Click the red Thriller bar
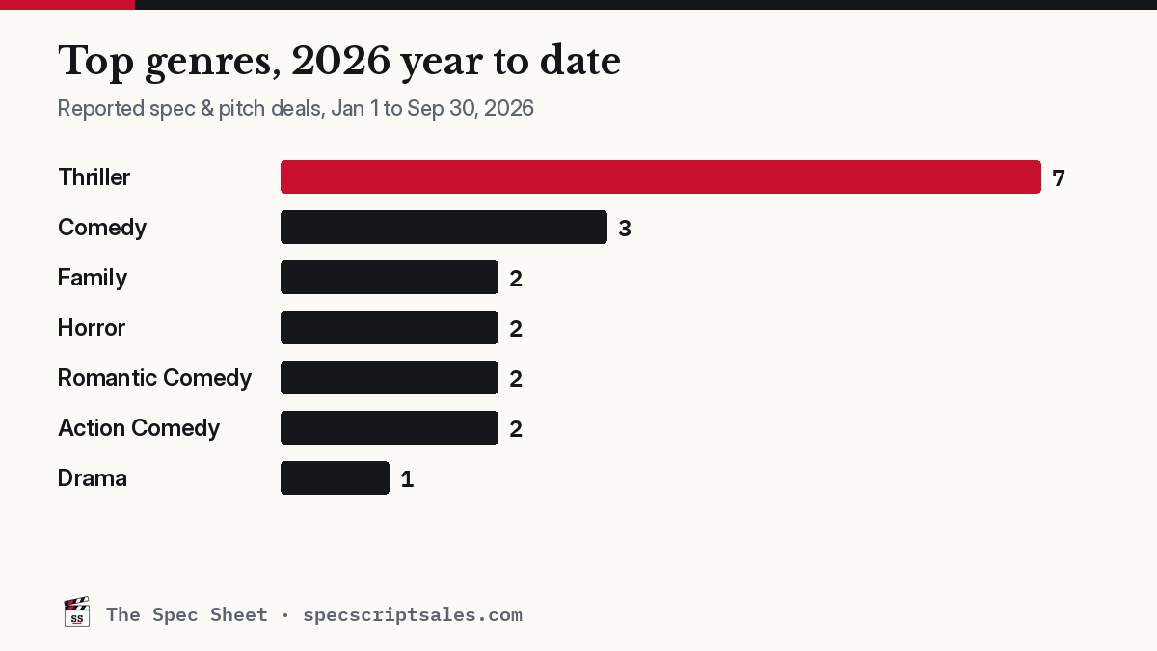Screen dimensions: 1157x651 click(x=660, y=177)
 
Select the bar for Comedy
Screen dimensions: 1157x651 click(x=444, y=228)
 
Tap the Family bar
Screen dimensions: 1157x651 click(x=390, y=278)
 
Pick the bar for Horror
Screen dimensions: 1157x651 click(x=390, y=328)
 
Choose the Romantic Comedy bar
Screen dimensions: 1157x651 click(x=390, y=378)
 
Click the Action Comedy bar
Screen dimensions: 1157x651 click(x=390, y=428)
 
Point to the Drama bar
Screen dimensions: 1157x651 click(x=335, y=478)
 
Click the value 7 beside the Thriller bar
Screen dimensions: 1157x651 click(x=1059, y=178)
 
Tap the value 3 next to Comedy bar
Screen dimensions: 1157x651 click(x=625, y=229)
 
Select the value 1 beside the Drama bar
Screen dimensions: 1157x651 click(x=407, y=479)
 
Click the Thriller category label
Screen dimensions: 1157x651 click(x=94, y=177)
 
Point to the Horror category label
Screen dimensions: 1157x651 click(x=92, y=328)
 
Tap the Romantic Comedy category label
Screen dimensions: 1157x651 click(x=154, y=378)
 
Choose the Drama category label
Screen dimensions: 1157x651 click(x=92, y=478)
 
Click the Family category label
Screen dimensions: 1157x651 click(x=93, y=278)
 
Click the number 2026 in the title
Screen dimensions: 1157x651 click(x=340, y=61)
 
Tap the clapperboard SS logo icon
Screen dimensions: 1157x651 click(x=76, y=612)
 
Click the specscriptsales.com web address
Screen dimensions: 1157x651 click(x=413, y=615)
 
